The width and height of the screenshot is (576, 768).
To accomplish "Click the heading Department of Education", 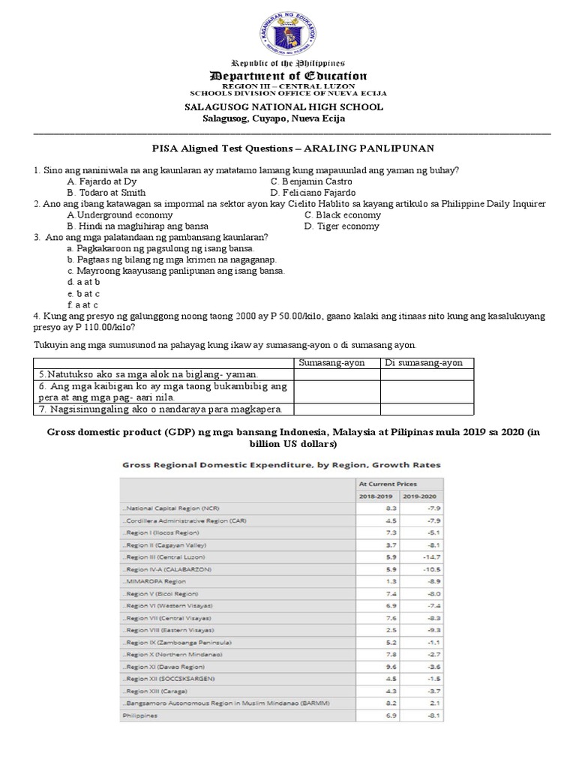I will pos(288,76).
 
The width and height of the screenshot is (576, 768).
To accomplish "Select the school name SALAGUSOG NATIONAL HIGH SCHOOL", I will pos(284,107).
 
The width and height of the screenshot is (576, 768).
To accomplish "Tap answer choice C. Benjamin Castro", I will pos(311,181).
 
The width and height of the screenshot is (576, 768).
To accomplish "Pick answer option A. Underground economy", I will pos(119,214).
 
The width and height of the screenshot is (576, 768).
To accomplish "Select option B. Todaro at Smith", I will pos(106,193).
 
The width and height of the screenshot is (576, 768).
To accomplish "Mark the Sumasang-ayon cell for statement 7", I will pos(337,409).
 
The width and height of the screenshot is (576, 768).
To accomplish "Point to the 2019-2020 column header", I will pos(420,496).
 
